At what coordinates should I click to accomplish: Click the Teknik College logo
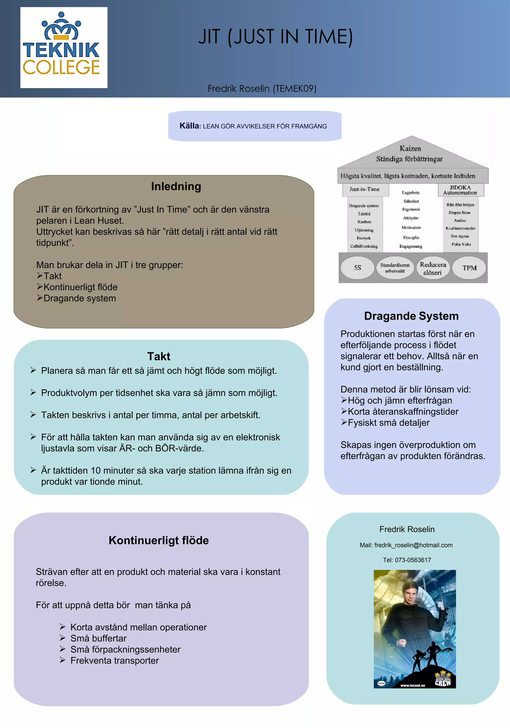[64, 47]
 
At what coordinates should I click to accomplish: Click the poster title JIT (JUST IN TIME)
[275, 37]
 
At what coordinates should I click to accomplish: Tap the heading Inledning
[176, 186]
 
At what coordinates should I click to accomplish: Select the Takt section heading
[159, 356]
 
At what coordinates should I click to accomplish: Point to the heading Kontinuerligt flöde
[159, 540]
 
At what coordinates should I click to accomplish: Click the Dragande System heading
[411, 316]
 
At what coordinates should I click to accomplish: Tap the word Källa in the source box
[189, 126]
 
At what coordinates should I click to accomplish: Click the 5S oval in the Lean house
[357, 268]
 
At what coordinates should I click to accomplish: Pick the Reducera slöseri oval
[433, 269]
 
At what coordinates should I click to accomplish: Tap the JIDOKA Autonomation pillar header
[460, 190]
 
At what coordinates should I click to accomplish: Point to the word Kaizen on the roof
[410, 149]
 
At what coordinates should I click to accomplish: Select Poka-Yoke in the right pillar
[461, 244]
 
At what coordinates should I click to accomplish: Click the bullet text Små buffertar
[98, 638]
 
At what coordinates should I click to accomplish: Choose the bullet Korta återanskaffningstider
[403, 412]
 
